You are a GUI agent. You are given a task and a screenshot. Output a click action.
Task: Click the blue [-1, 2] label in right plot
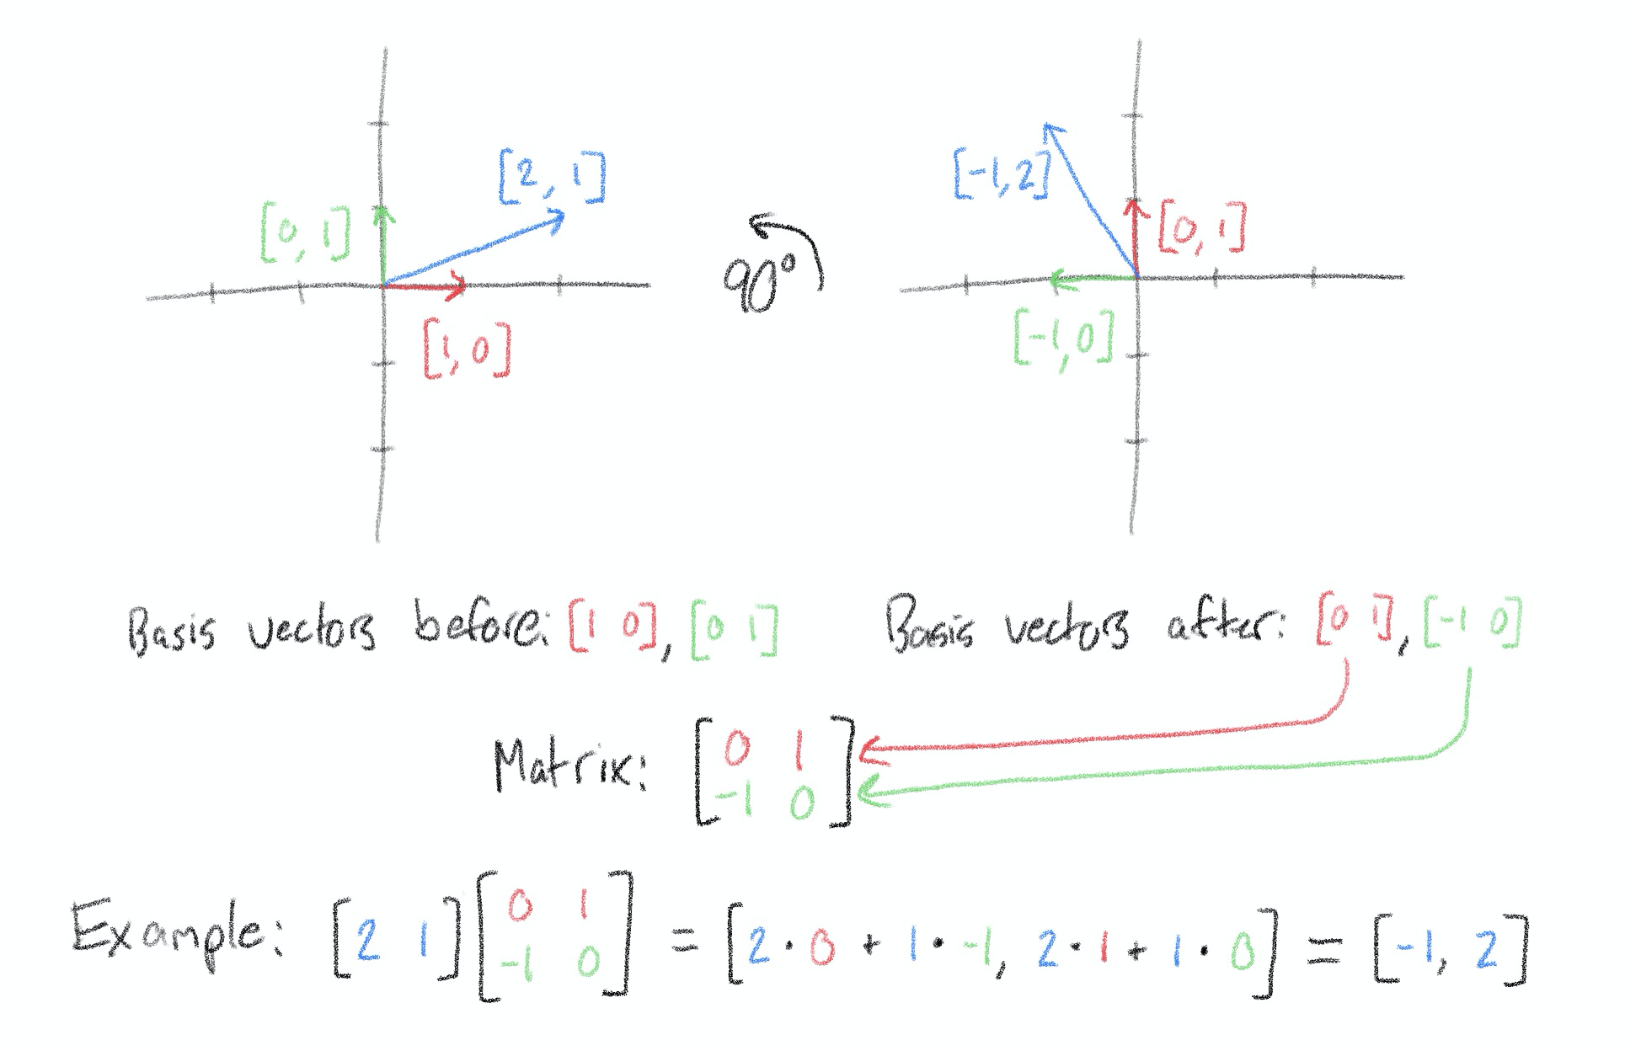[x=1002, y=174]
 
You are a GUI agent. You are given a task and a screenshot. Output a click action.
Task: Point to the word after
[x=1226, y=625]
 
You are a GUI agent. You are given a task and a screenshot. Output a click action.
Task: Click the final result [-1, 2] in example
[x=1449, y=950]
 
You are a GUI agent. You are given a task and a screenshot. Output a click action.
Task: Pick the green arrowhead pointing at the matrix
[x=868, y=792]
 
